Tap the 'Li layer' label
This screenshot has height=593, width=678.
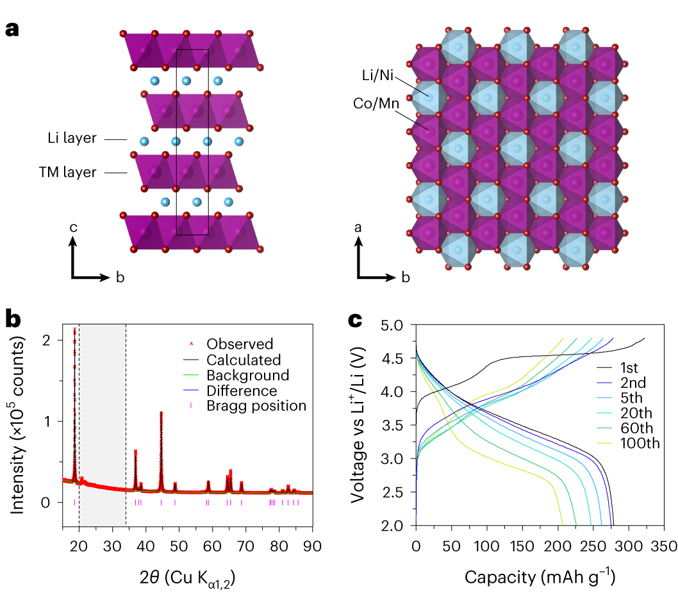coord(72,138)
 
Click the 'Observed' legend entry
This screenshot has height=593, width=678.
coord(239,344)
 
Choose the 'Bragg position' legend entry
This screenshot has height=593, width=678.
coord(256,406)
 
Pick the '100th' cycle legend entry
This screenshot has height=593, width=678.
coord(638,443)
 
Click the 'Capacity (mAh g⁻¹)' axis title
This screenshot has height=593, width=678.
coord(540,577)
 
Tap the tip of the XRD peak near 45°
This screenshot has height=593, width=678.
coord(161,412)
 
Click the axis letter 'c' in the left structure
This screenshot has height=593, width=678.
coord(75,228)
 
